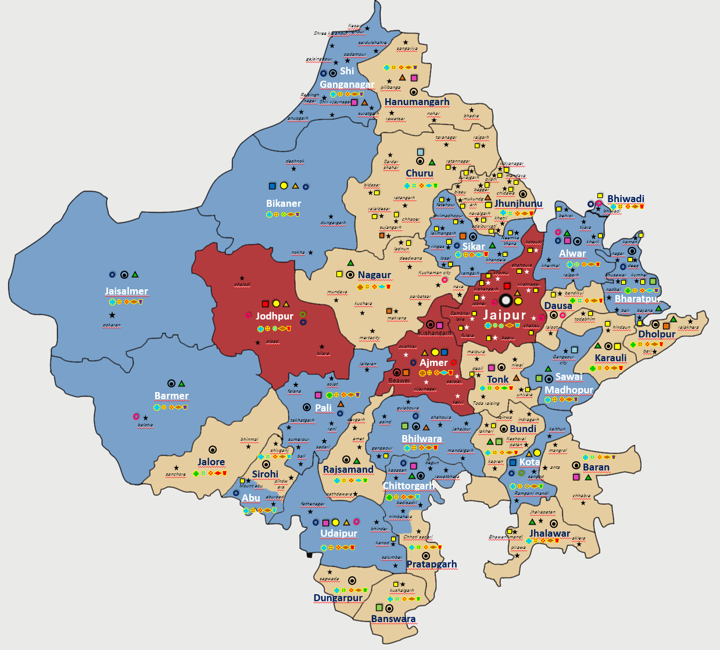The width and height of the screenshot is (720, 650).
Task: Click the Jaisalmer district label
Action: click(x=126, y=291)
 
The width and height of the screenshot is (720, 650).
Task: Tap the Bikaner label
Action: click(x=284, y=203)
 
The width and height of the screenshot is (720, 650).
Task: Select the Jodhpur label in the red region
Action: click(x=274, y=316)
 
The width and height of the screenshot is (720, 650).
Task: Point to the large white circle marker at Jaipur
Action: click(x=506, y=300)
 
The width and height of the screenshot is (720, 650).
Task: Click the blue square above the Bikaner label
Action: click(x=272, y=186)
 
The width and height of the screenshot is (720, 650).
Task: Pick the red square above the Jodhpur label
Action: click(x=265, y=304)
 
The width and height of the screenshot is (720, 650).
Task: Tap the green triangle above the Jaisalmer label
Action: click(x=135, y=274)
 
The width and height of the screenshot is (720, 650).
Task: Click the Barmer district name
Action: click(x=171, y=396)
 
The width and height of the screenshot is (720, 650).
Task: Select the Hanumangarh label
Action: click(x=417, y=102)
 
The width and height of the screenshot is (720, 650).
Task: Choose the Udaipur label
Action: click(x=339, y=533)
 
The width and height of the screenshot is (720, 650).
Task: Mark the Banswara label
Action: click(x=393, y=619)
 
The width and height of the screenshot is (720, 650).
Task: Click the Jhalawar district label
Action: click(x=550, y=533)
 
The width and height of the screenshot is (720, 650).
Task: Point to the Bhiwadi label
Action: click(x=625, y=199)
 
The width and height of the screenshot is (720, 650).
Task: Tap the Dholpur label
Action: click(x=657, y=334)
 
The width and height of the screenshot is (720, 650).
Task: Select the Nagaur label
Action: click(x=374, y=275)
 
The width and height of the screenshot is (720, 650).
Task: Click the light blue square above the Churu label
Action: click(x=420, y=152)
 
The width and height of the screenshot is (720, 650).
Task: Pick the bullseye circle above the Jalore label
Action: click(x=213, y=450)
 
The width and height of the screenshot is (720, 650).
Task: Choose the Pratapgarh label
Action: click(x=432, y=564)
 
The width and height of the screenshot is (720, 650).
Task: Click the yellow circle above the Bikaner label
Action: click(x=284, y=186)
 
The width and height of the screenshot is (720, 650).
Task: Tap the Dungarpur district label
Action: click(x=338, y=598)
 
